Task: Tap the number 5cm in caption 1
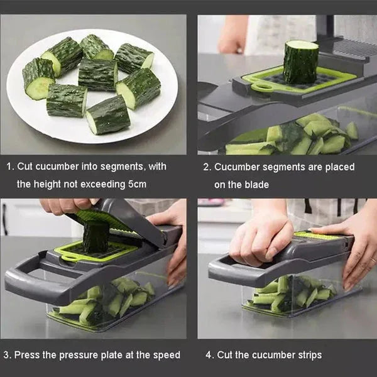[133, 184]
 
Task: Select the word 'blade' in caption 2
[256, 184]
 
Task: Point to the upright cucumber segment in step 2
[300, 62]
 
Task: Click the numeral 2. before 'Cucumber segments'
[206, 167]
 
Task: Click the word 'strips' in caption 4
[307, 355]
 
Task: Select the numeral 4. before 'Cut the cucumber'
[209, 355]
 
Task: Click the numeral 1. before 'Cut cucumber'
[10, 167]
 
